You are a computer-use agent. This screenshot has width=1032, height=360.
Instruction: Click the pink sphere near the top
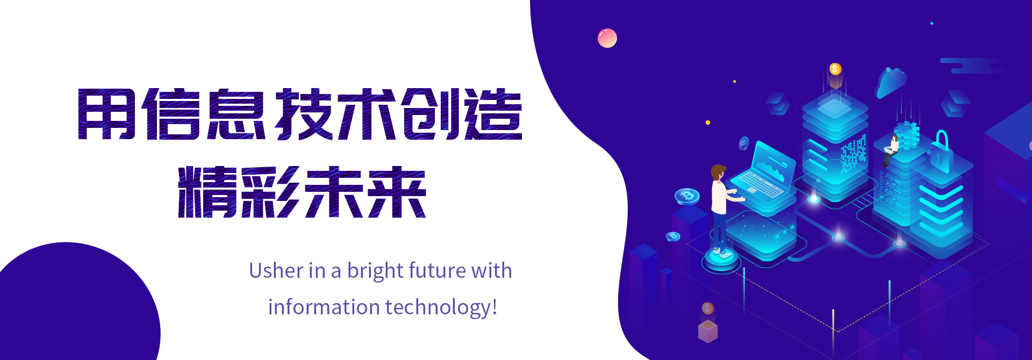point(607,38)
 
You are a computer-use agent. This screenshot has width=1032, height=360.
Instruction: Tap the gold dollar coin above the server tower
point(835,69)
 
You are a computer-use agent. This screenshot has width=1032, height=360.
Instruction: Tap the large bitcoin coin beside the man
point(687,196)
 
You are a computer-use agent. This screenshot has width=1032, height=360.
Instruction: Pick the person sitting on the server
point(891,150)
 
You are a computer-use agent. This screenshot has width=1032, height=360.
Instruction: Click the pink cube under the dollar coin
point(708,331)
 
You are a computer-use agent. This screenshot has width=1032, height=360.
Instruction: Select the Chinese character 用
point(106,114)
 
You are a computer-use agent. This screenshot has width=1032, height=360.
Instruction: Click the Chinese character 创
point(430,114)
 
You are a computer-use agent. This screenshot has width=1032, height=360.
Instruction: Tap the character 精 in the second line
point(207,192)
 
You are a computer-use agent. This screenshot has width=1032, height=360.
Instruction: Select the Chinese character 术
point(366,114)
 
